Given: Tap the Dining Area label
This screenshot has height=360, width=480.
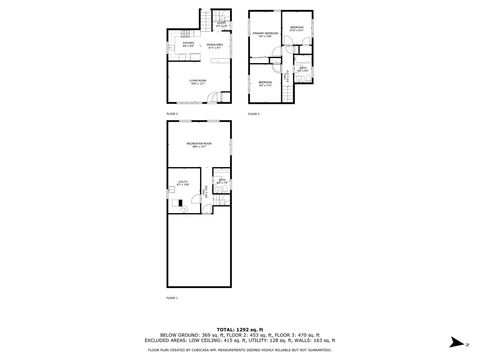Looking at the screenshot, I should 214,45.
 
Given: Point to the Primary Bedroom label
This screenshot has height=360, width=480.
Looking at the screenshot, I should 263,35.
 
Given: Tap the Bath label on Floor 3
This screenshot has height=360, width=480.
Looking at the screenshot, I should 301,70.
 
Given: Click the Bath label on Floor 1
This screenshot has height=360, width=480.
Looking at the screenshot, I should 221,183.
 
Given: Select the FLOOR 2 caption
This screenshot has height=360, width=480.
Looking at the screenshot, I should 172,114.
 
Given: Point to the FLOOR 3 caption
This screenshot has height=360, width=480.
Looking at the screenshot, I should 254,114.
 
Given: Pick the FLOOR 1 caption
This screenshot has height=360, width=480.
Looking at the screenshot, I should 172,298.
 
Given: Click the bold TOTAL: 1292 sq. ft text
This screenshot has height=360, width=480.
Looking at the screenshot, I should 240,328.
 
